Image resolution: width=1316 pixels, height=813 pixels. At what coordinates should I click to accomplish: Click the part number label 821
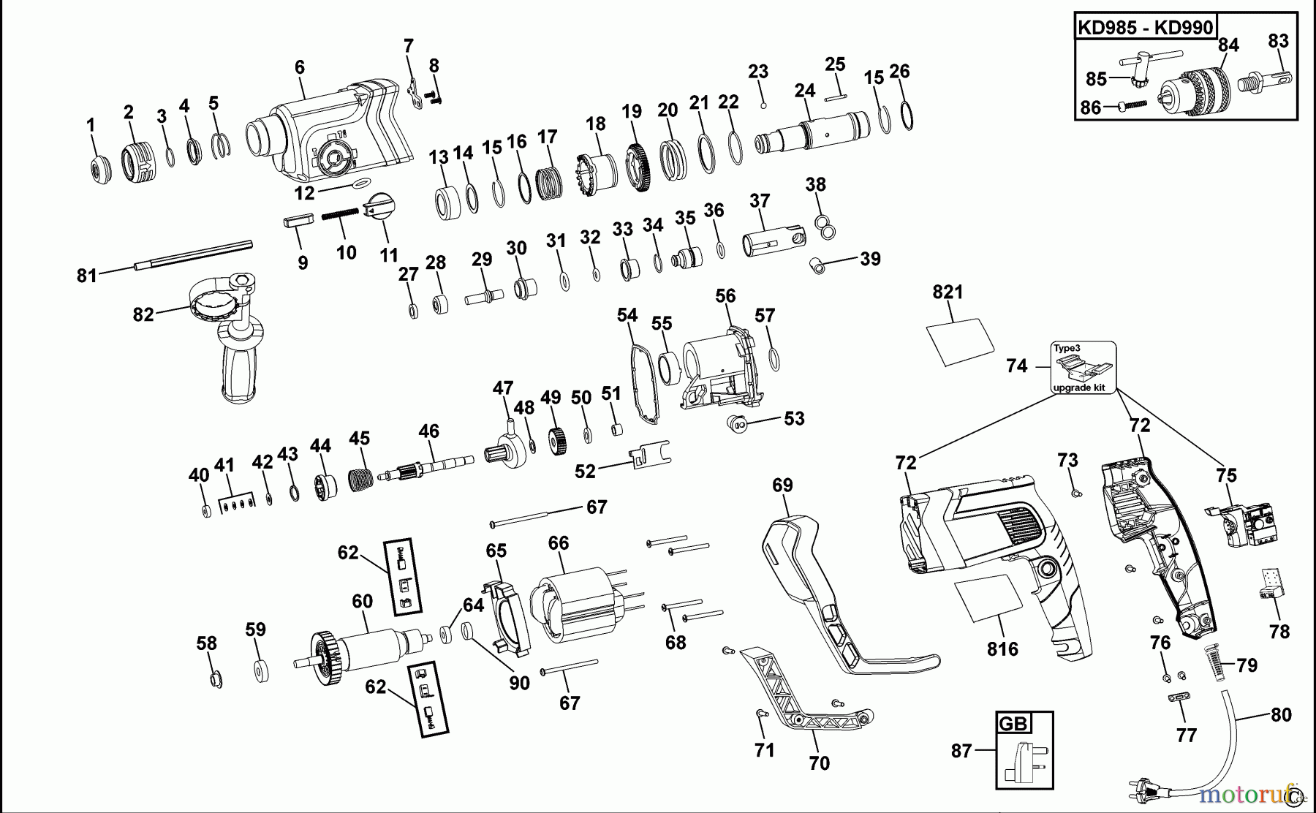[948, 292]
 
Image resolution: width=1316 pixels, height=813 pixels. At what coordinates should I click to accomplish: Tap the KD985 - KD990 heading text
[1145, 29]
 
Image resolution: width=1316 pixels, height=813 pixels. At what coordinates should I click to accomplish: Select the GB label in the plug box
[1013, 724]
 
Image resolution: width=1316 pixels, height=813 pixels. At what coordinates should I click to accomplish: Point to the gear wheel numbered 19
[639, 168]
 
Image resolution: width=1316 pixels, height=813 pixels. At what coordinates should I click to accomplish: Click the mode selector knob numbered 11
[379, 207]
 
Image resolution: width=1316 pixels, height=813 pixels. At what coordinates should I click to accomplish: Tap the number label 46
[428, 431]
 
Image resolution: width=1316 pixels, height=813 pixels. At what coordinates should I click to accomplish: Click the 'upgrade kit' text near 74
[1079, 387]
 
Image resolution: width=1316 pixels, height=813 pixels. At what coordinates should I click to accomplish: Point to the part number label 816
[1002, 649]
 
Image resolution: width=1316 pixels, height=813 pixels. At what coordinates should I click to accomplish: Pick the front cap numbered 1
[97, 170]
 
